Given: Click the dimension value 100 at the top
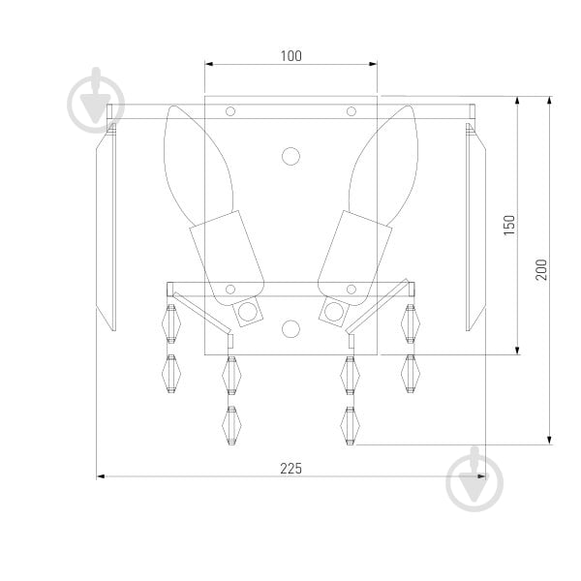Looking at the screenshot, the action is [290, 56].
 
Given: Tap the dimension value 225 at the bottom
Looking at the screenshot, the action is [290, 469].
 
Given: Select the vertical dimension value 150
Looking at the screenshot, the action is [509, 225].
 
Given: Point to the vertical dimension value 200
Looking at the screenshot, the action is [541, 270].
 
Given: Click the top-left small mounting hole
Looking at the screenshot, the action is [230, 111].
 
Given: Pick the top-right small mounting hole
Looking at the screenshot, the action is [352, 111].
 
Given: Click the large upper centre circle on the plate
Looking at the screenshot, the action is [290, 156].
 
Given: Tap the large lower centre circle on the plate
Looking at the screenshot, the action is [290, 329].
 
